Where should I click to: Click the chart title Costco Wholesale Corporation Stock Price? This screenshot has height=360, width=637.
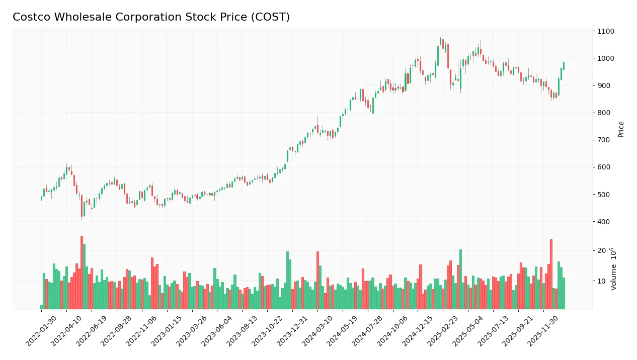[151, 17]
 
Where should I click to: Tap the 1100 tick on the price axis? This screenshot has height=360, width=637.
[606, 31]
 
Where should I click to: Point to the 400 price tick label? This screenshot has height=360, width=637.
[604, 222]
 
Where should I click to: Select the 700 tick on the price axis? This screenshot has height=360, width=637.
[604, 140]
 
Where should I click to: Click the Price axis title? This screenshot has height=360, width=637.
[621, 129]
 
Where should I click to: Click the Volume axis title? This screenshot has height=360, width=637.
[614, 269]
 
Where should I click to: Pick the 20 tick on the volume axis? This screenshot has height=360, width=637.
[601, 251]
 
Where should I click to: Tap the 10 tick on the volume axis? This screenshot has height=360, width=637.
[601, 281]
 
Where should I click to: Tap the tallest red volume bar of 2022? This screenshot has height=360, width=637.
[82, 273]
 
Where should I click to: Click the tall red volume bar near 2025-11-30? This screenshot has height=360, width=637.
[551, 274]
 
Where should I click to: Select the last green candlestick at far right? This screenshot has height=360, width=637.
[564, 66]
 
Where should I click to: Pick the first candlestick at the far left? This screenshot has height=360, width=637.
[41, 198]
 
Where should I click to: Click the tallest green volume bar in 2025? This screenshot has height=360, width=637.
[460, 279]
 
